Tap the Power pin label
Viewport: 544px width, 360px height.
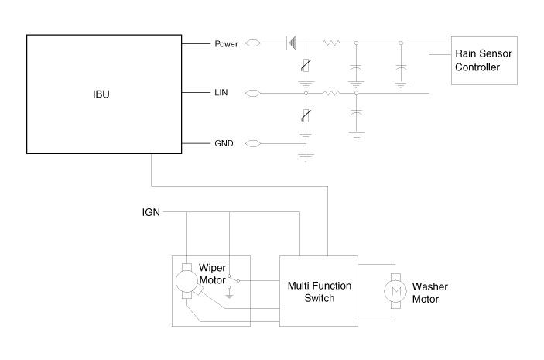point(227,44)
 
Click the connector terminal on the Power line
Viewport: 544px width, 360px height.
point(252,44)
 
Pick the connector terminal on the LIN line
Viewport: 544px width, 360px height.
point(252,94)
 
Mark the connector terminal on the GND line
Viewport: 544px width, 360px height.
point(252,143)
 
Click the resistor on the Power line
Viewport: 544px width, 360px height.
point(330,44)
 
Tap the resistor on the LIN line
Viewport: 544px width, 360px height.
point(330,94)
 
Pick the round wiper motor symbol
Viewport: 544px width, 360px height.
point(186,281)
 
